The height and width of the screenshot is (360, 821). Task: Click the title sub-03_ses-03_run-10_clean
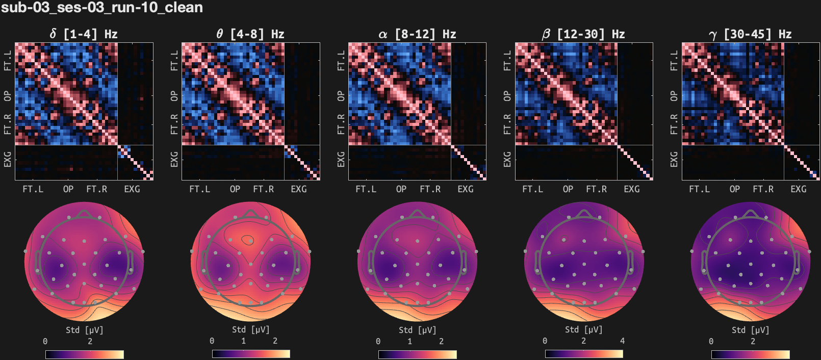pos(102,8)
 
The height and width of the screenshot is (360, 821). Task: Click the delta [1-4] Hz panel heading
pos(84,34)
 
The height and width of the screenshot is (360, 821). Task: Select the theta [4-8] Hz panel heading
pos(250,34)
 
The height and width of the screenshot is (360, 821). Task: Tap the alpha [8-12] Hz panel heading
pos(417,34)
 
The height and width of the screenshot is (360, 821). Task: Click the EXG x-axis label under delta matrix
pos(132,189)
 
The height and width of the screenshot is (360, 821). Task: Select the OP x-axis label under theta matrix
pos(235,189)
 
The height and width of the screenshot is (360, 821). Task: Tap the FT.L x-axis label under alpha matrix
pos(366,189)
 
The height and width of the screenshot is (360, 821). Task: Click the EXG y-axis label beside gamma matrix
pos(674,159)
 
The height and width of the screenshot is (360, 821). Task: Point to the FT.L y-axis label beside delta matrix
pos(8,60)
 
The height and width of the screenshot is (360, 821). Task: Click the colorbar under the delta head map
pos(84,354)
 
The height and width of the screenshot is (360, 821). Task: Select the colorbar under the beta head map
pos(584,354)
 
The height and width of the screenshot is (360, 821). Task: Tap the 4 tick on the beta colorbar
pos(622,341)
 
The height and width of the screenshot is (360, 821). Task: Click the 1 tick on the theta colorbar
pos(243,341)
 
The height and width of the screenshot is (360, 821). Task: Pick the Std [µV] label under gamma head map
pos(750,330)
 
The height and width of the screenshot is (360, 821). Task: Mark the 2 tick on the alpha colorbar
pos(441,341)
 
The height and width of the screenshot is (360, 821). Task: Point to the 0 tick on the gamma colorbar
pos(711,341)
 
